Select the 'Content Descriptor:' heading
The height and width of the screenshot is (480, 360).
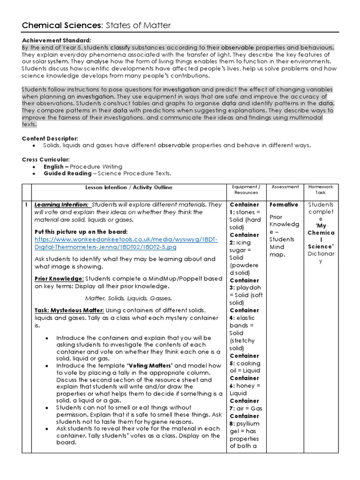[50, 139]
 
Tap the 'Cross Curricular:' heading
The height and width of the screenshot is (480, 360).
[46, 159]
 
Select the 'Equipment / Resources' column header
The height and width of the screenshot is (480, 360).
[246, 190]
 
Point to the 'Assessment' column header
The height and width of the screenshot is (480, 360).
[285, 187]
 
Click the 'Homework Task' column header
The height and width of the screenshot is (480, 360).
[321, 190]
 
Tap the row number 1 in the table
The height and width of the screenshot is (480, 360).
[26, 205]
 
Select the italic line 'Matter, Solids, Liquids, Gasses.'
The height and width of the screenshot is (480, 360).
[128, 298]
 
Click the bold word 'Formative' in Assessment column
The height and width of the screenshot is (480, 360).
[284, 205]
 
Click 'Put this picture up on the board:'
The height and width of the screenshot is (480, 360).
[81, 232]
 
